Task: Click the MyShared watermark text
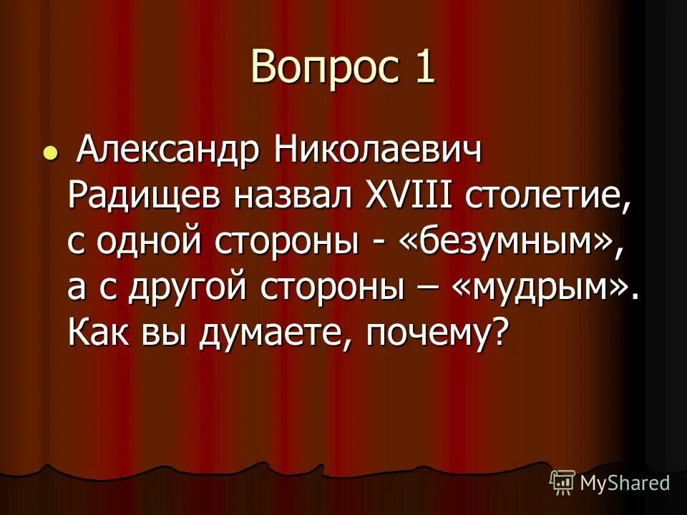625,482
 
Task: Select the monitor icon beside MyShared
562,482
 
